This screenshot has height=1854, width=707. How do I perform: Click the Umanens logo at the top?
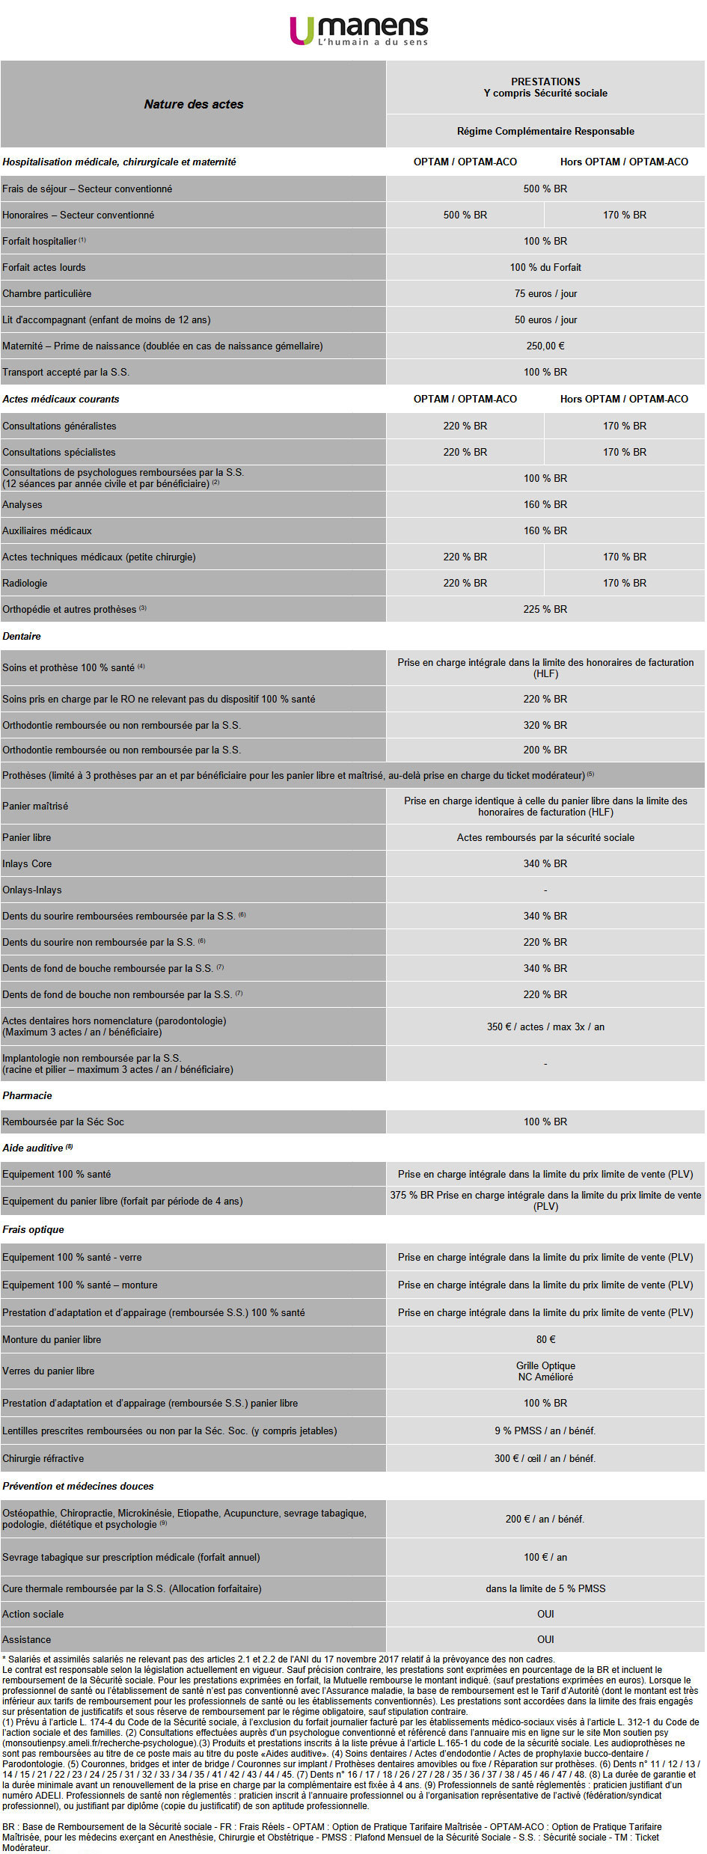tap(358, 31)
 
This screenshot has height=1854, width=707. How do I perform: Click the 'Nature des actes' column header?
tap(194, 104)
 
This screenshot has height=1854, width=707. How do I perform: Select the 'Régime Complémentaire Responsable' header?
tap(545, 131)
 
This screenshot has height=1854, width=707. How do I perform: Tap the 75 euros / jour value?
tap(545, 293)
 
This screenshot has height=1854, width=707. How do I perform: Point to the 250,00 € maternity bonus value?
tap(545, 346)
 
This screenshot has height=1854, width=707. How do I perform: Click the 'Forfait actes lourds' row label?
tap(44, 267)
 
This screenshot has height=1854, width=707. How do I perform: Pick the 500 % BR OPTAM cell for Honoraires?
tap(465, 215)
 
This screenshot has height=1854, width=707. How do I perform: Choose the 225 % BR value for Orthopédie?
tap(545, 609)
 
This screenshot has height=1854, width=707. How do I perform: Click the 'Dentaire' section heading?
tap(22, 636)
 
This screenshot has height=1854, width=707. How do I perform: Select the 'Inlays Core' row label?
tap(27, 863)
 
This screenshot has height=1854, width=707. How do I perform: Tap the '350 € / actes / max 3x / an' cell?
tap(545, 1027)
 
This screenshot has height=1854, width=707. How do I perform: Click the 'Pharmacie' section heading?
tap(27, 1095)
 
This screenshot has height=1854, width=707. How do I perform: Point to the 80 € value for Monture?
tap(545, 1339)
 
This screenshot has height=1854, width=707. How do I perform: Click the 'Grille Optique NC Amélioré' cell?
tap(545, 1371)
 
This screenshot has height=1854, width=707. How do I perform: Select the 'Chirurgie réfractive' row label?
tap(43, 1458)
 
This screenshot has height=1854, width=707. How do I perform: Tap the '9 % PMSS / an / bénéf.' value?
tap(545, 1431)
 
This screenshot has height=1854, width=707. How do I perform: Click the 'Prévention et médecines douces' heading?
tap(78, 1486)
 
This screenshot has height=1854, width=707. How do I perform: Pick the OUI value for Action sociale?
tap(545, 1614)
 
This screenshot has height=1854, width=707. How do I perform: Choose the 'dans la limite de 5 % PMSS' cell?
tap(545, 1588)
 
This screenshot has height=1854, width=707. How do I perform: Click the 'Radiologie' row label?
tap(25, 583)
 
